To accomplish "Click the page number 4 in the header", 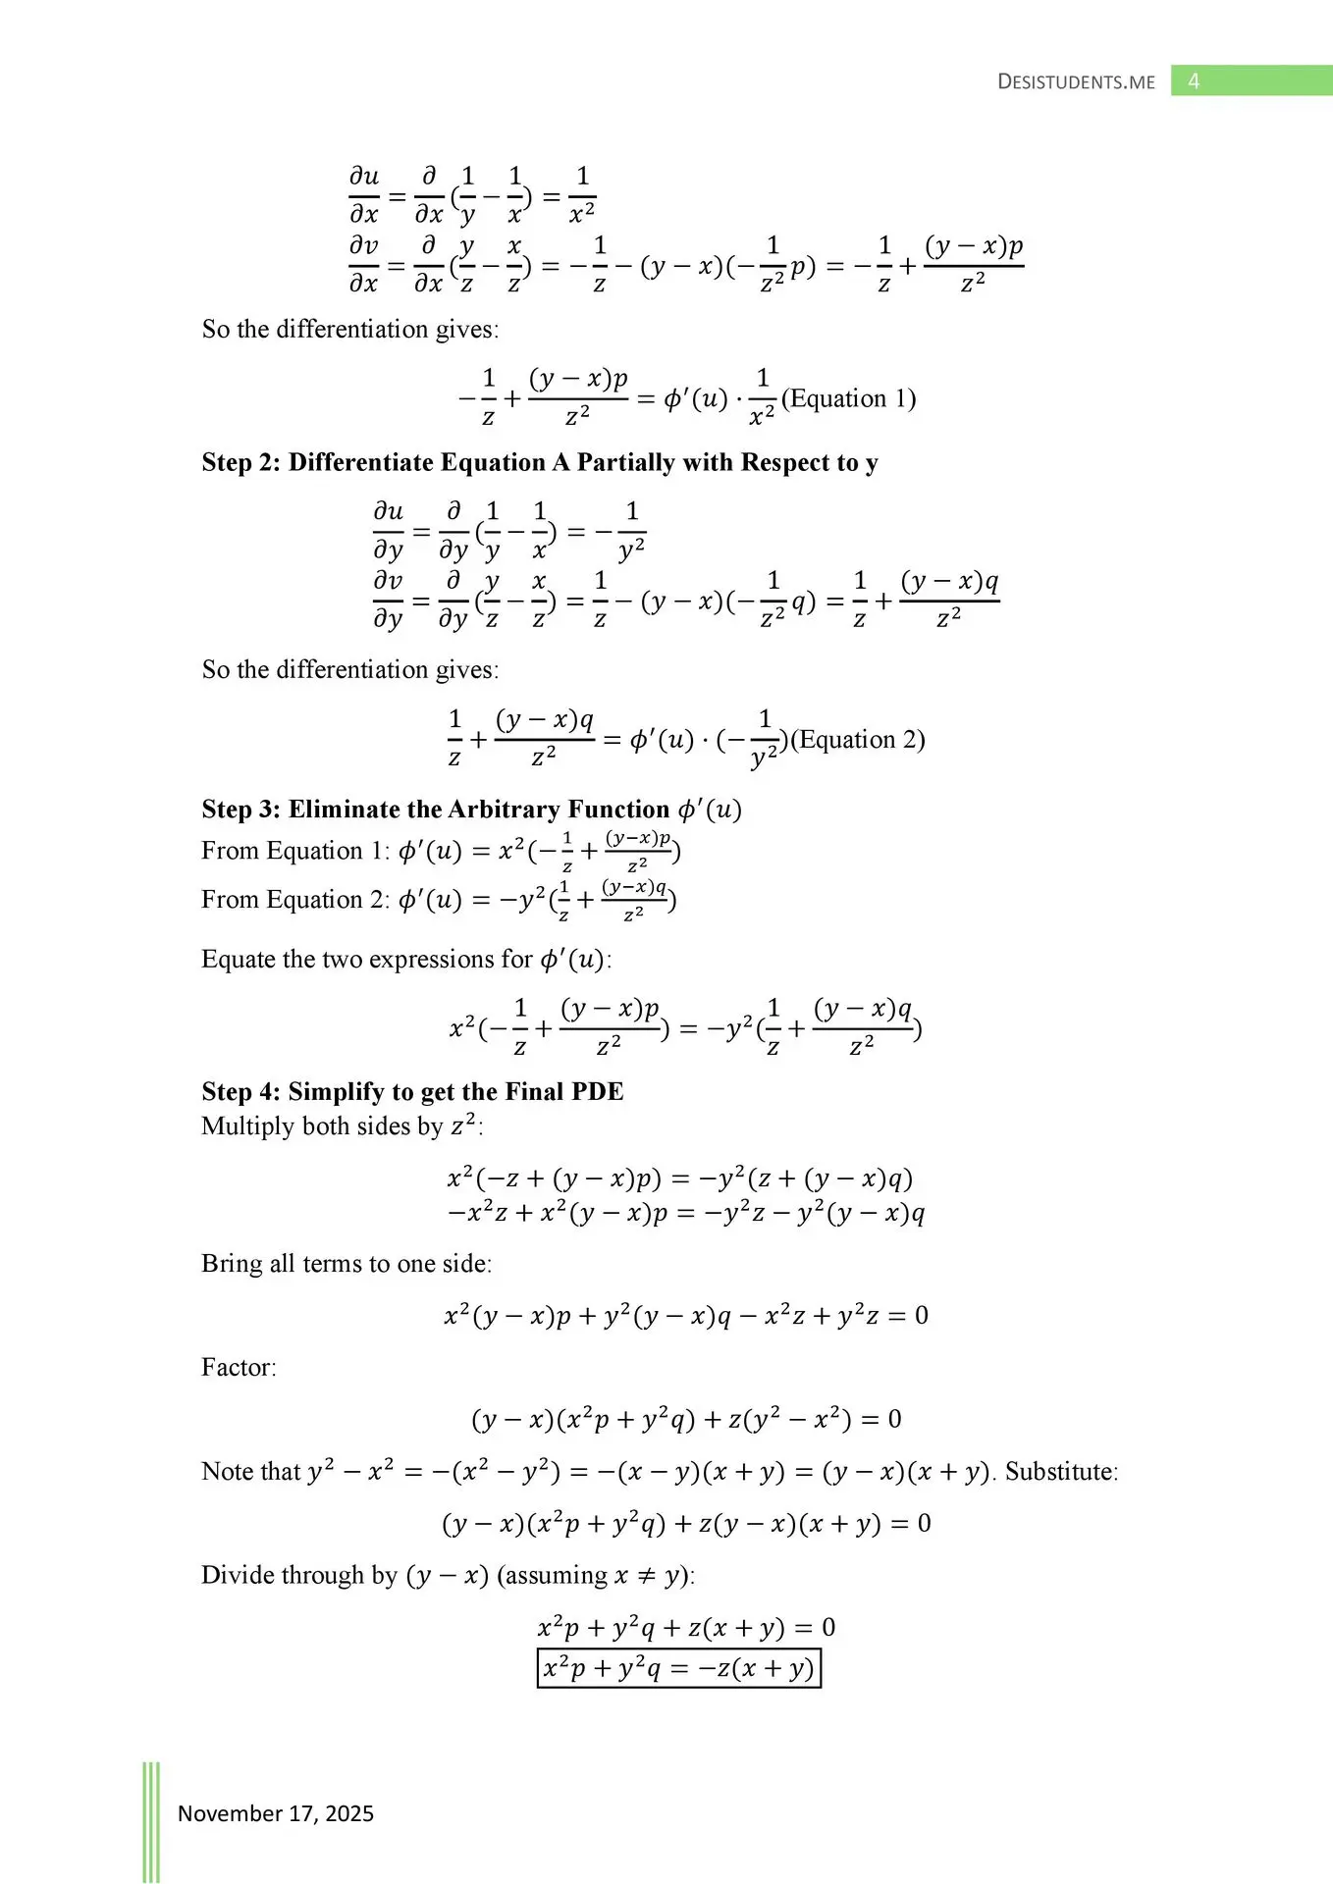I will pyautogui.click(x=1194, y=81).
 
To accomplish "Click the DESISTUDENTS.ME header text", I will pyautogui.click(x=1076, y=82).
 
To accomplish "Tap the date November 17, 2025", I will pyautogui.click(x=276, y=1813).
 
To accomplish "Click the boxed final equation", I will pyautogui.click(x=678, y=1668).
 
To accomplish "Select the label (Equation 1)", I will pyautogui.click(x=848, y=398).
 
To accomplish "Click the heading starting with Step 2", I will pyautogui.click(x=539, y=462).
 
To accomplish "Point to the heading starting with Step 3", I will pyautogui.click(x=471, y=810).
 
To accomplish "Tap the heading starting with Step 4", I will pyautogui.click(x=412, y=1091).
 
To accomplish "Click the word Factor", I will pyautogui.click(x=239, y=1367).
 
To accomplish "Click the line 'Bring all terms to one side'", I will pyautogui.click(x=347, y=1263).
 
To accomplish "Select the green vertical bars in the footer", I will pyautogui.click(x=151, y=1821).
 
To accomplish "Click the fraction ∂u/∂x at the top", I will pyautogui.click(x=364, y=194).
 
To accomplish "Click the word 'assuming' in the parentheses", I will pyautogui.click(x=559, y=1575).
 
